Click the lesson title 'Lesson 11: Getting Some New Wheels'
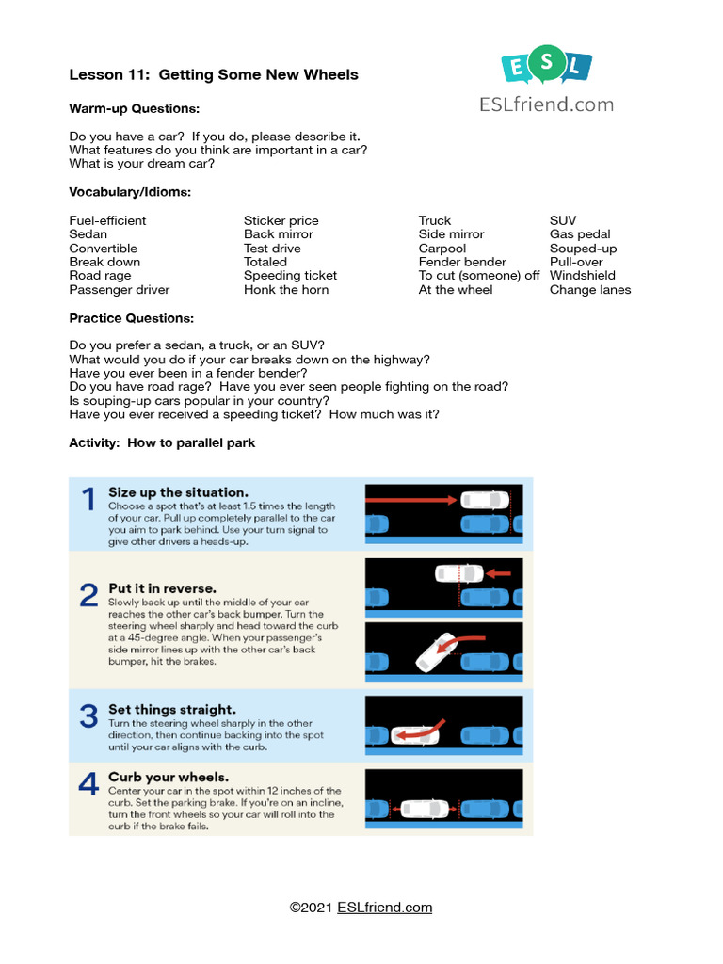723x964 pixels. point(214,75)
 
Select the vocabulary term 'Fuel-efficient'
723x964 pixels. point(107,220)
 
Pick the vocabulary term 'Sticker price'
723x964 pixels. point(281,220)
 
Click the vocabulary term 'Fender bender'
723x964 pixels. point(462,262)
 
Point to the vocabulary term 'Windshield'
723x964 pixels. point(582,276)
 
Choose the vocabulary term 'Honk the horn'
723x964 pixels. point(286,290)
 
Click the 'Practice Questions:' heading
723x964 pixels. point(132,318)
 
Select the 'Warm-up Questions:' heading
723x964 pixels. point(134,109)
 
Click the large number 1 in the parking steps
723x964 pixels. point(88,500)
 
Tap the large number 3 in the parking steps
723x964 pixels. point(88,716)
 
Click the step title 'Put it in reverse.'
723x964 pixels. point(162,588)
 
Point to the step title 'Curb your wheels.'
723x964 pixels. point(169,777)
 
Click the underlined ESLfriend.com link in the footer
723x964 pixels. point(381,908)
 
